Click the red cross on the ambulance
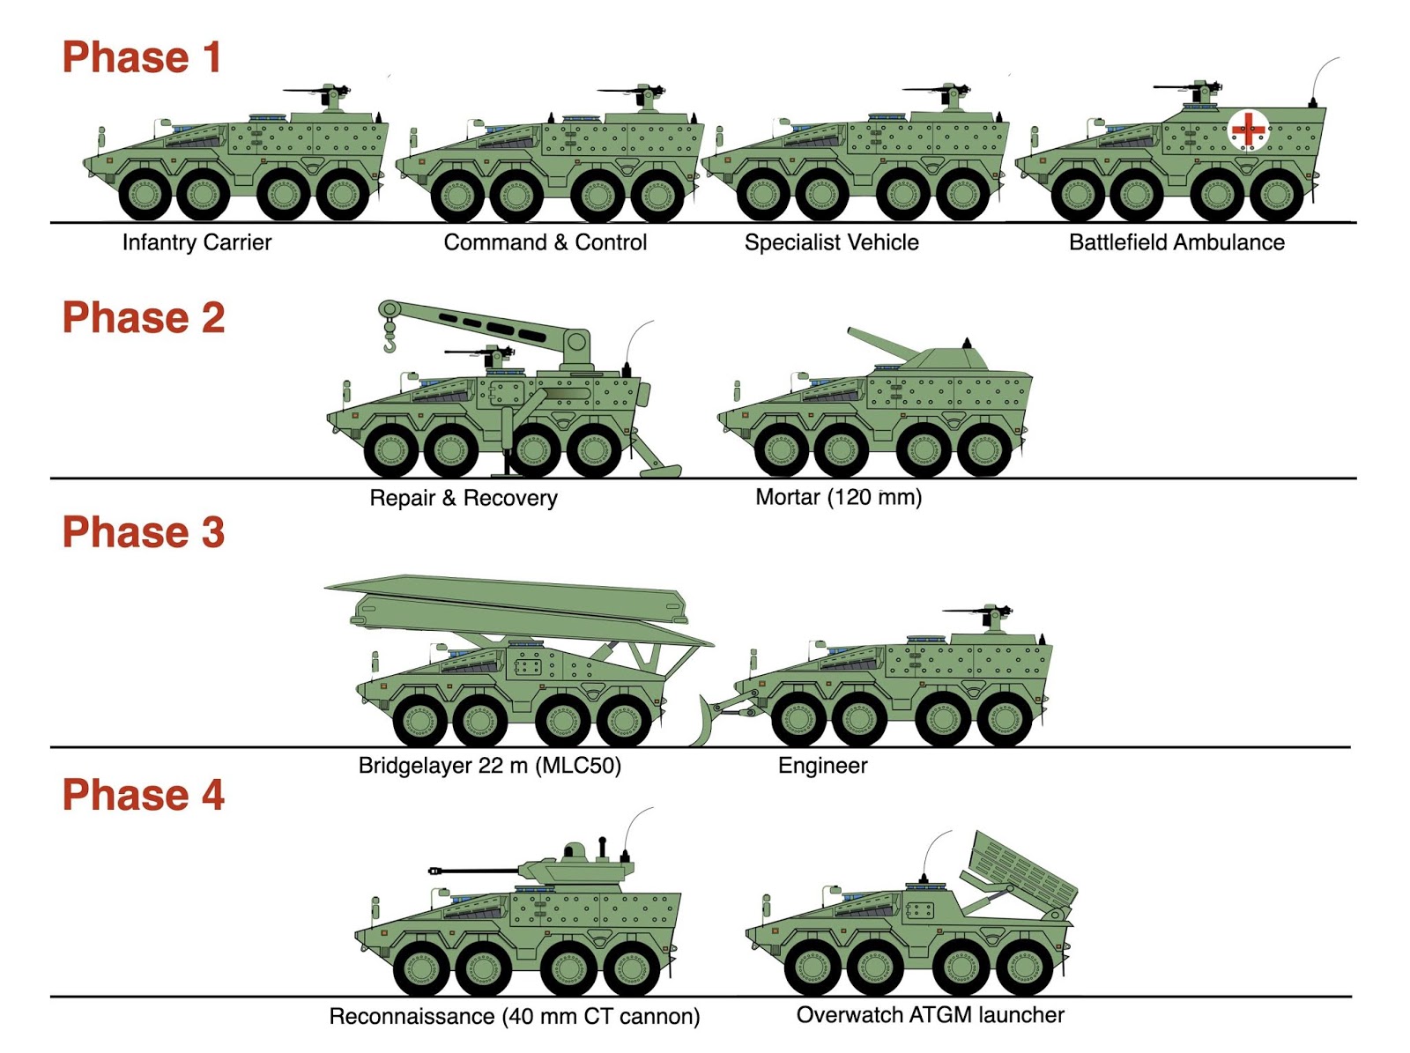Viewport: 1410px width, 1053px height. [1248, 131]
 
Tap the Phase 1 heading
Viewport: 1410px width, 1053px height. [142, 57]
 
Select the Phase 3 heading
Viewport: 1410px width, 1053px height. [144, 531]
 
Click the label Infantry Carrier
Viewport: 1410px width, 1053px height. [197, 242]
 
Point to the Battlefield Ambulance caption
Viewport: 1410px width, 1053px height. [1176, 242]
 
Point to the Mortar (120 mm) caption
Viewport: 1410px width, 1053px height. [838, 497]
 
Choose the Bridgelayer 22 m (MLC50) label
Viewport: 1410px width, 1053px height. [489, 766]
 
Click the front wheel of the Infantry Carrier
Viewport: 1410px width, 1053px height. [145, 194]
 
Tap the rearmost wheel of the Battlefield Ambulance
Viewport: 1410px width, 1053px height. [1276, 195]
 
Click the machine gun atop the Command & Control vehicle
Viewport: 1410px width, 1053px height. [633, 93]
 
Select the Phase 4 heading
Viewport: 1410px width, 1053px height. [144, 794]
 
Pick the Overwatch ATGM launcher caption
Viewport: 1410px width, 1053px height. [930, 1014]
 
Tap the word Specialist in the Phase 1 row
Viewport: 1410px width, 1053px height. [792, 242]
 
